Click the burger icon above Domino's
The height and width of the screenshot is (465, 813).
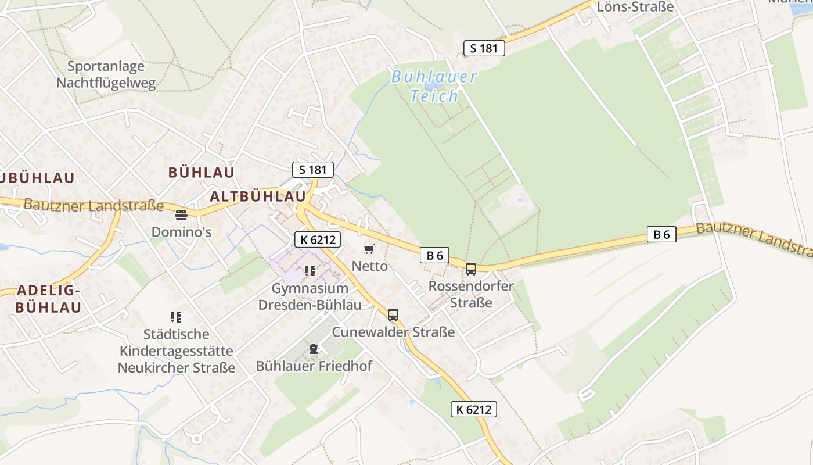pyautogui.click(x=181, y=215)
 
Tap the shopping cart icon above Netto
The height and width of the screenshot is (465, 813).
pyautogui.click(x=369, y=249)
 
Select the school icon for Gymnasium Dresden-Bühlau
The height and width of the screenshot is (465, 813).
pyautogui.click(x=310, y=270)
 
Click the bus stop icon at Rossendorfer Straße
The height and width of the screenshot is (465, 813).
pyautogui.click(x=470, y=269)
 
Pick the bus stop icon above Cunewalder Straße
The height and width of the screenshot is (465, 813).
pyautogui.click(x=393, y=315)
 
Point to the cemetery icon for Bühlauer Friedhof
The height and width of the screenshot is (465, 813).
pyautogui.click(x=314, y=349)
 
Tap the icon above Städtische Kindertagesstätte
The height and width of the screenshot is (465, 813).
pyautogui.click(x=176, y=317)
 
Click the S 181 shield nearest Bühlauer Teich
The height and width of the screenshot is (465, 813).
pyautogui.click(x=484, y=48)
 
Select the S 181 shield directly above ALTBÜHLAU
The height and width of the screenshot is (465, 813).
pyautogui.click(x=313, y=170)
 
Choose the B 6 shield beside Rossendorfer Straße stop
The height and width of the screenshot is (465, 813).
pyautogui.click(x=435, y=255)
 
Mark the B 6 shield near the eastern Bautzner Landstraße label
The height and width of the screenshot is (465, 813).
pyautogui.click(x=661, y=234)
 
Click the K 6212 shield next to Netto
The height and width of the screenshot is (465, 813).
pyautogui.click(x=317, y=239)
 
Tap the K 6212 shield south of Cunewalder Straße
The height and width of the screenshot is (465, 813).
pyautogui.click(x=474, y=409)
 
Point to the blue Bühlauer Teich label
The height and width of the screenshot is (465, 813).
pyautogui.click(x=434, y=86)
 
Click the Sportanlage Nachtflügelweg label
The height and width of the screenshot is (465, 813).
pyautogui.click(x=106, y=74)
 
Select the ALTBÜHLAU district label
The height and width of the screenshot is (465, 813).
pyautogui.click(x=257, y=196)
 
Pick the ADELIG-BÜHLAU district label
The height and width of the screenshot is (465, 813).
pyautogui.click(x=48, y=299)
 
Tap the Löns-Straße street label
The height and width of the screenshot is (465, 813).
pyautogui.click(x=635, y=7)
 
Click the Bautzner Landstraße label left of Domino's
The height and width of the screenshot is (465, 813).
pyautogui.click(x=93, y=205)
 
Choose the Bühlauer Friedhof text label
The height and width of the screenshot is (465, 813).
pyautogui.click(x=314, y=366)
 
